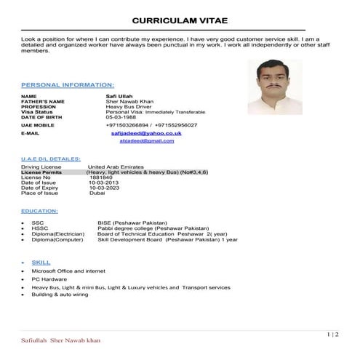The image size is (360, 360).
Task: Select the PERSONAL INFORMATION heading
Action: point(68,85)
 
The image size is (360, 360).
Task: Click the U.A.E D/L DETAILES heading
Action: point(51,159)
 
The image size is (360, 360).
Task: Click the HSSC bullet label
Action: point(39,228)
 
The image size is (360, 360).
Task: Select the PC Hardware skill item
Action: point(49,279)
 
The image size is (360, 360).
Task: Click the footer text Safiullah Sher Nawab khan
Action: point(61,340)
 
